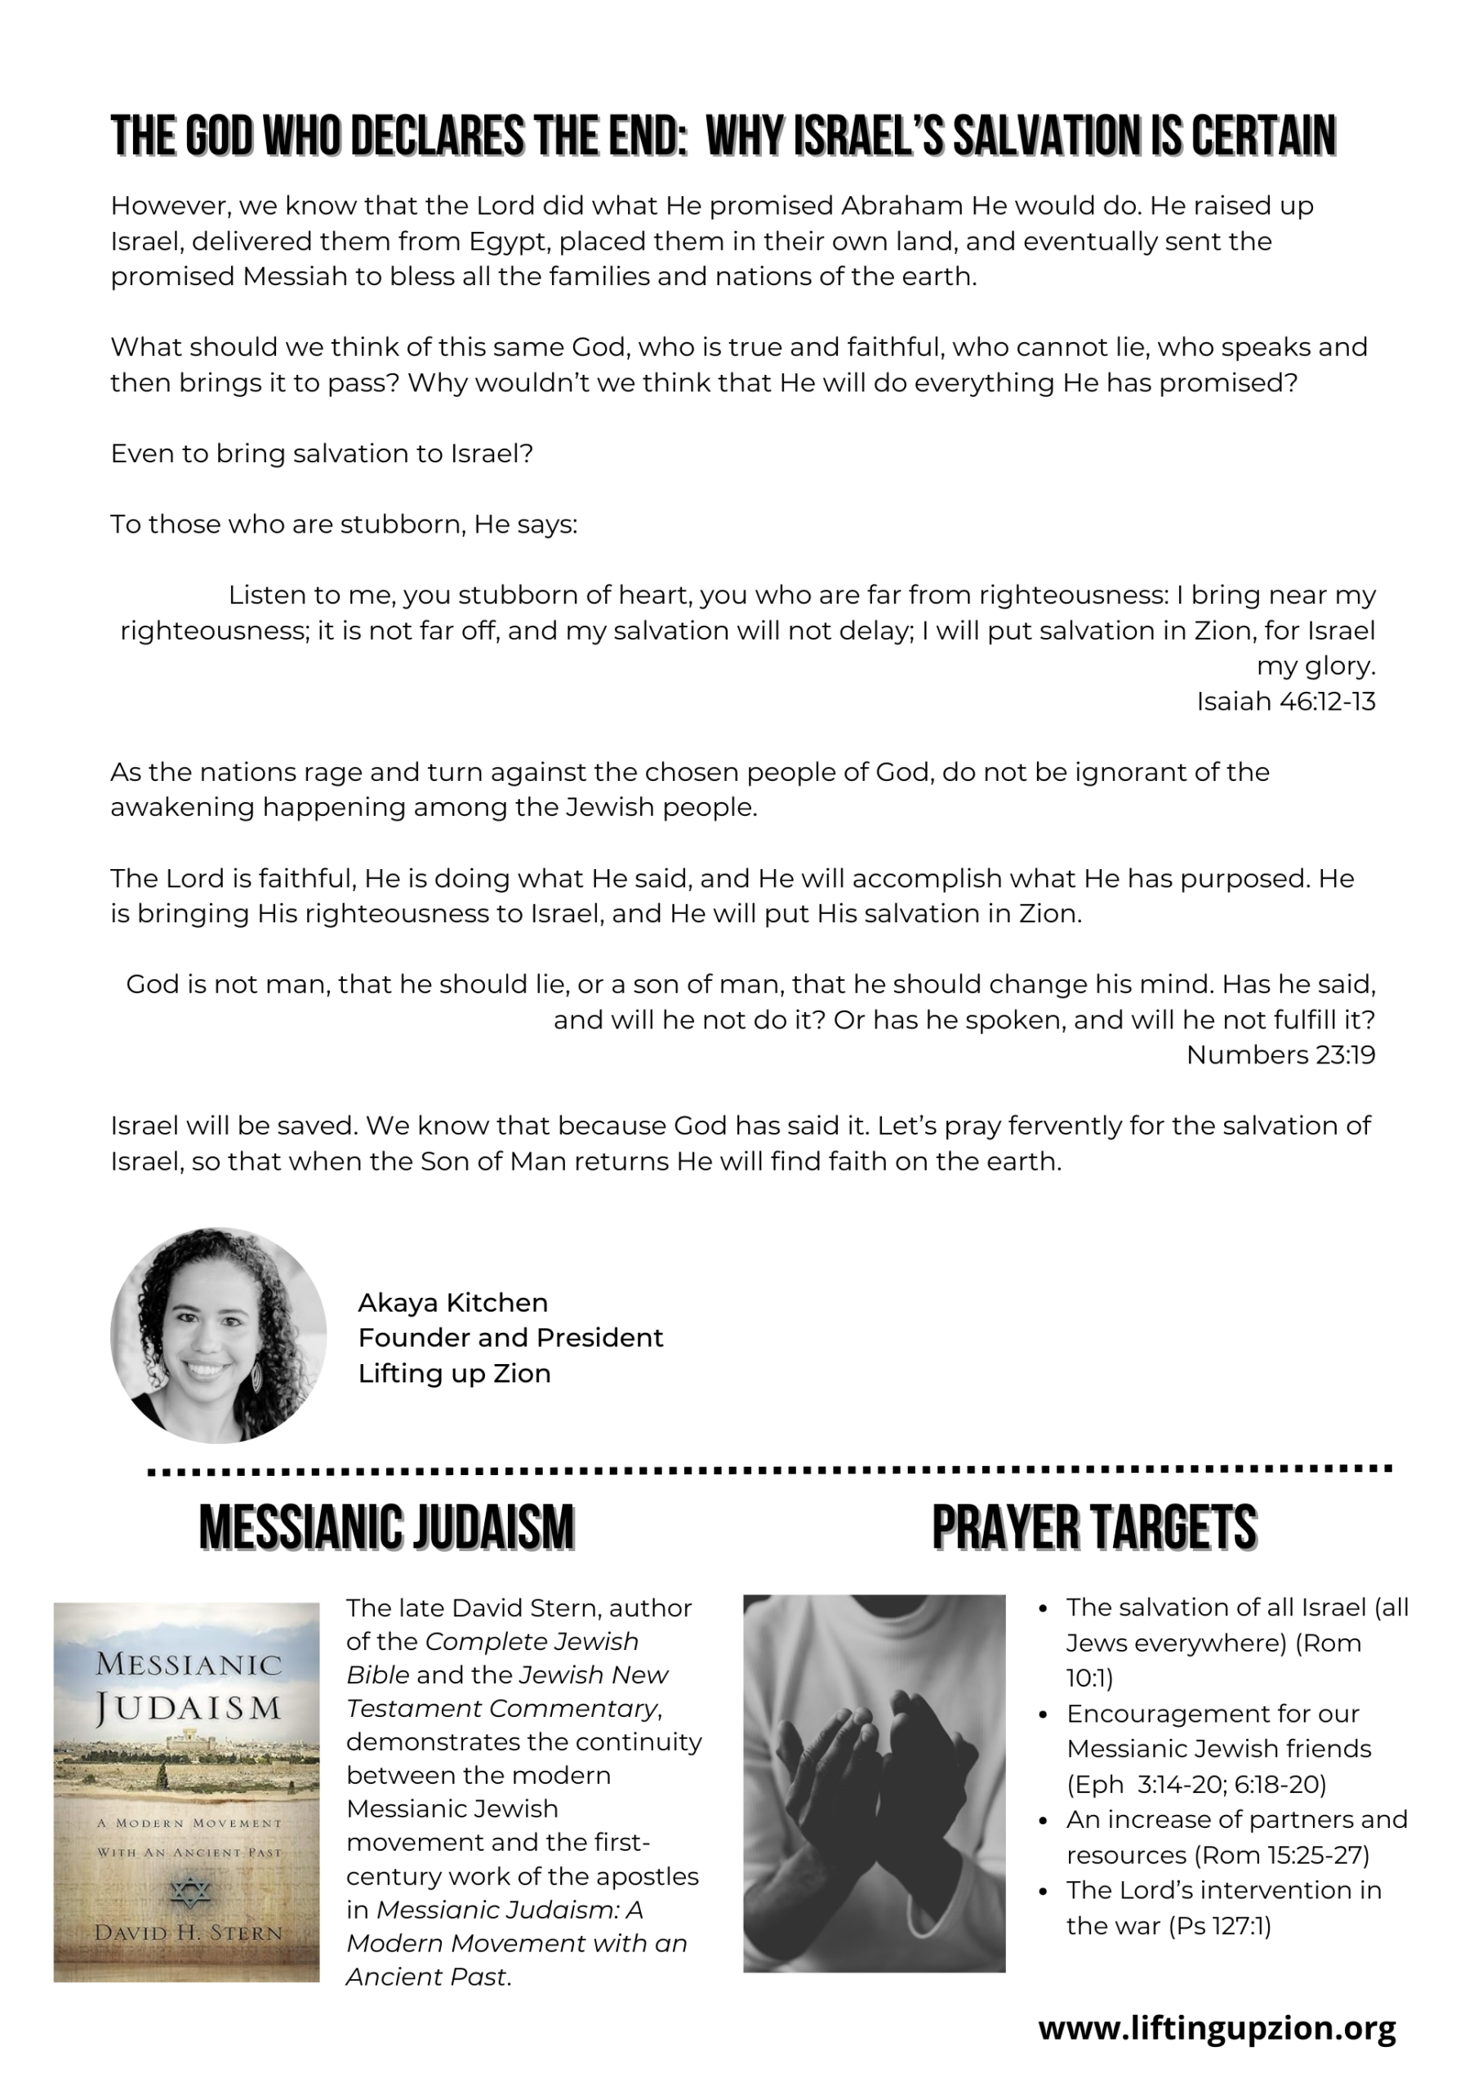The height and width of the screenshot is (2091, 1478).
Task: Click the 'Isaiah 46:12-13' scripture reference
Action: (x=1285, y=702)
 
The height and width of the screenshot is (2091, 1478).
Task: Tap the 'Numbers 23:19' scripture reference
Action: (x=1280, y=1054)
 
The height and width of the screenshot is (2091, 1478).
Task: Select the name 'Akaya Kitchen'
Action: (x=452, y=1302)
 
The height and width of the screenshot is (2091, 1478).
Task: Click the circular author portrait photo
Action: (x=219, y=1335)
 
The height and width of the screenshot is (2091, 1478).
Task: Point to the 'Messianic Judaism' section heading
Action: (x=386, y=1527)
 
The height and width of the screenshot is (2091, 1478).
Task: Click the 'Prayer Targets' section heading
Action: (x=1093, y=1527)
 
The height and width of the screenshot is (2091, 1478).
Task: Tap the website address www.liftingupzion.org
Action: (x=1217, y=2029)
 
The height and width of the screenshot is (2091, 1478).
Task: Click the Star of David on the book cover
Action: (x=190, y=1892)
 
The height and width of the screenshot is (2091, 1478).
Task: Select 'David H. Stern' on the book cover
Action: (x=189, y=1932)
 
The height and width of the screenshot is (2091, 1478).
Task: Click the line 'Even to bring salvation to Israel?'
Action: (x=322, y=453)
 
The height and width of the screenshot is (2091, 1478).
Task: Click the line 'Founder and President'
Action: (x=510, y=1338)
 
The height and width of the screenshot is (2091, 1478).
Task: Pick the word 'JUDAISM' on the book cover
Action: (x=189, y=1708)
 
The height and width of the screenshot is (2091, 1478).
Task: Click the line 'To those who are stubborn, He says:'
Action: (x=343, y=524)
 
